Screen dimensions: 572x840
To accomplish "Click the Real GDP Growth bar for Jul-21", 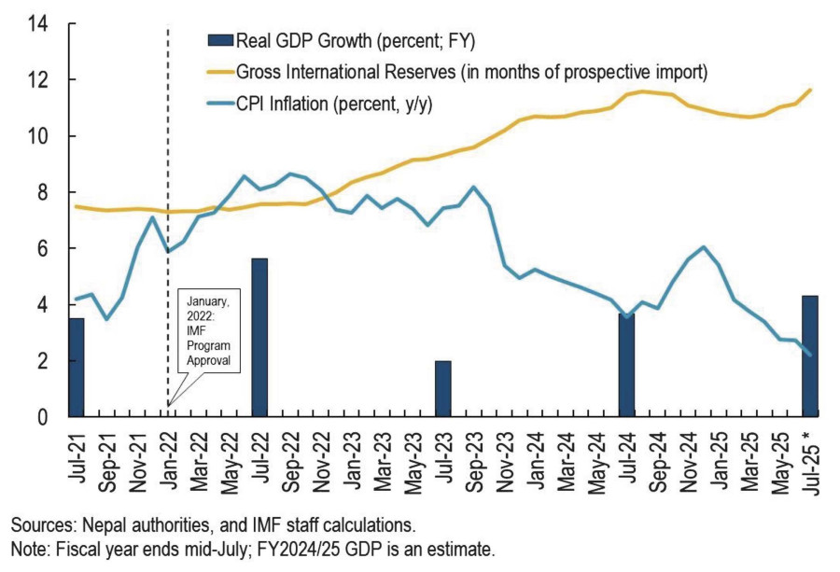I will click(76, 368).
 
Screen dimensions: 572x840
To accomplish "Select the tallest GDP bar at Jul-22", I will click(259, 338).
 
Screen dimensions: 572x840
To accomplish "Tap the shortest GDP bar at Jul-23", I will click(442, 388).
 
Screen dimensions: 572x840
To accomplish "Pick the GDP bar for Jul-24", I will click(625, 364).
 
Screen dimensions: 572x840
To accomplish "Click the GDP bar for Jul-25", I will click(809, 356).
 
